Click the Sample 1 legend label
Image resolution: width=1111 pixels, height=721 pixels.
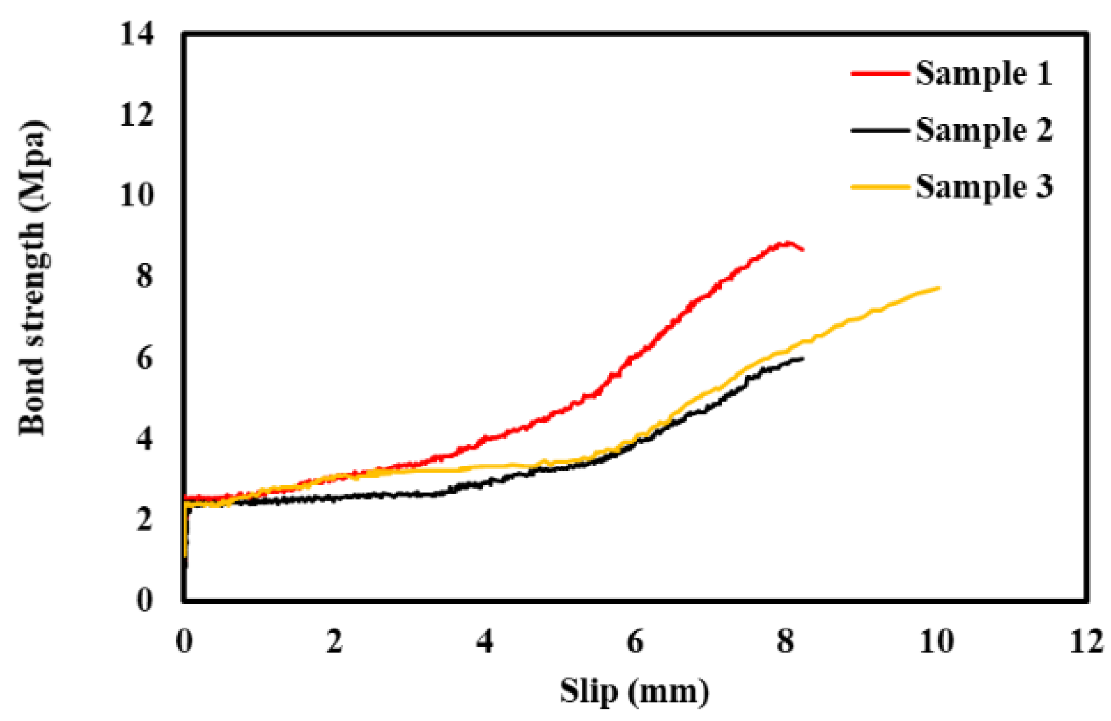pyautogui.click(x=983, y=73)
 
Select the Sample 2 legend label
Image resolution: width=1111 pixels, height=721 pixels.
pyautogui.click(x=983, y=130)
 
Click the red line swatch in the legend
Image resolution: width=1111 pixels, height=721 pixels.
pyautogui.click(x=880, y=74)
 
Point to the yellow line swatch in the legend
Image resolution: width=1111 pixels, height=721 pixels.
pyautogui.click(x=880, y=187)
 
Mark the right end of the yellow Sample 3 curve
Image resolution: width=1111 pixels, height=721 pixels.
pyautogui.click(x=938, y=288)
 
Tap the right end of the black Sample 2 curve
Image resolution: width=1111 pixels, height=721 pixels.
pyautogui.click(x=803, y=358)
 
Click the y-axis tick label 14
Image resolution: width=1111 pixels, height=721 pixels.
pyautogui.click(x=137, y=34)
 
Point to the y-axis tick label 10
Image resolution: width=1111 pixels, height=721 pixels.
pyautogui.click(x=137, y=195)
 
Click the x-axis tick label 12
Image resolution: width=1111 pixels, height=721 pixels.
pyautogui.click(x=1086, y=641)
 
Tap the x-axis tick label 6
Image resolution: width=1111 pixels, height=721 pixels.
pyautogui.click(x=635, y=641)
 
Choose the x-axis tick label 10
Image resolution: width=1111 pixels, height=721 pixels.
pyautogui.click(x=936, y=641)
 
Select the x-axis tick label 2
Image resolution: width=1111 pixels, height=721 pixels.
pyautogui.click(x=335, y=641)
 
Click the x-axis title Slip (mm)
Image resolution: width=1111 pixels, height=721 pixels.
pyautogui.click(x=635, y=691)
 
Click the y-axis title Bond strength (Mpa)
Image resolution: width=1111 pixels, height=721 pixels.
pyautogui.click(x=33, y=278)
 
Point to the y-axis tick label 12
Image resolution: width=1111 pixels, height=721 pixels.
pyautogui.click(x=137, y=115)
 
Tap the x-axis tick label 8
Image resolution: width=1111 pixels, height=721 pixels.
pyautogui.click(x=785, y=641)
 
